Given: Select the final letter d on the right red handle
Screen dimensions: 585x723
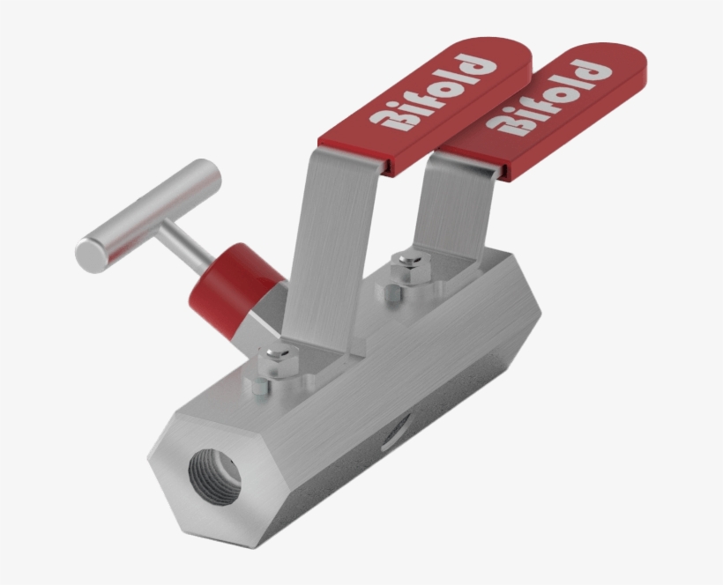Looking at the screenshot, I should [x=595, y=70].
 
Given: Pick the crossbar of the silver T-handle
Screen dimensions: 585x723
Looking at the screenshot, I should [x=145, y=216].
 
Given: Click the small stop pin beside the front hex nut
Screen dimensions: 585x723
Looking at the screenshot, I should [x=257, y=387].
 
